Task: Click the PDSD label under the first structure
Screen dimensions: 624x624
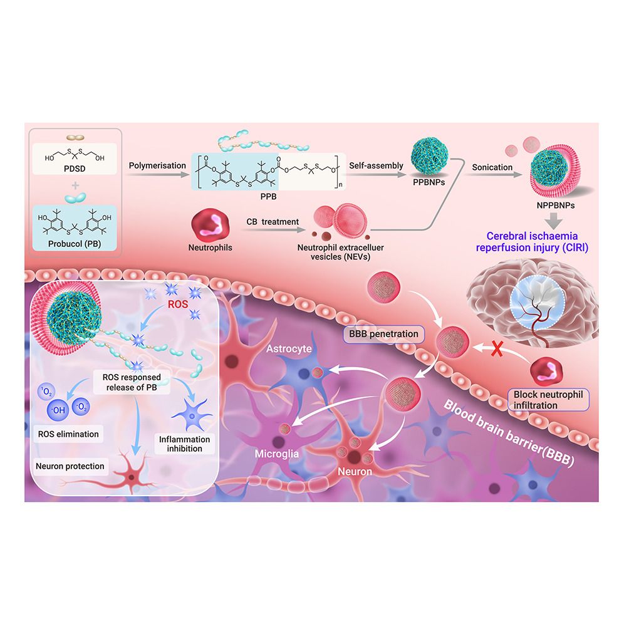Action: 75,169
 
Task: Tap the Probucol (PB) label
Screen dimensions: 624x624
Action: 75,244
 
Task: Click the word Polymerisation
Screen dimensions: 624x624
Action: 157,165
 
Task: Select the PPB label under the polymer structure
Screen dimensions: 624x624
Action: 268,197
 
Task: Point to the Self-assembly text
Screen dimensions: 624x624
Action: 376,165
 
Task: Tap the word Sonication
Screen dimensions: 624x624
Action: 492,167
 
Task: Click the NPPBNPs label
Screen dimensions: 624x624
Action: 556,205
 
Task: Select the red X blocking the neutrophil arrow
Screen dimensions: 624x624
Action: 497,348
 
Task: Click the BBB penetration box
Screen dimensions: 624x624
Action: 383,334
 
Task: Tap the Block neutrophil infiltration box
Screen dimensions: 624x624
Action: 548,400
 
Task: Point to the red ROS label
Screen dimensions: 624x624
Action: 177,305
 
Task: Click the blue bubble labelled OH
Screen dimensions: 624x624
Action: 58,410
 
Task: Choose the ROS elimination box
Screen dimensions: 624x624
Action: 68,434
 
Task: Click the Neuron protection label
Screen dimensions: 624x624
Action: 70,466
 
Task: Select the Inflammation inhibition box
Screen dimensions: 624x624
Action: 184,444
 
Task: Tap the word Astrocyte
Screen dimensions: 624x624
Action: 289,348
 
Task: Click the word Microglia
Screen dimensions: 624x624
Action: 276,454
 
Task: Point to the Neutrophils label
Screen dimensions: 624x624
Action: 210,247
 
